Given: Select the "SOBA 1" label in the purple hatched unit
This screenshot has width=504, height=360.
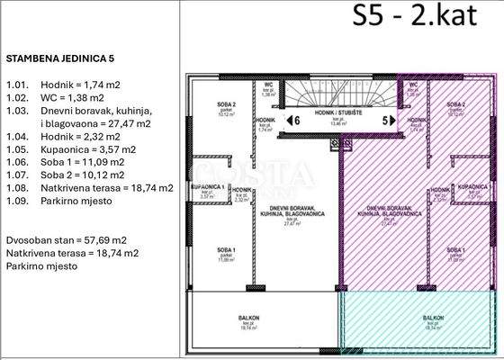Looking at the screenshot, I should (456, 249).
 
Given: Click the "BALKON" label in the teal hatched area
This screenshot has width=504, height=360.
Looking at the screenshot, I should (433, 318).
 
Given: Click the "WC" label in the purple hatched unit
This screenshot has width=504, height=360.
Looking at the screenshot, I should (413, 85).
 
